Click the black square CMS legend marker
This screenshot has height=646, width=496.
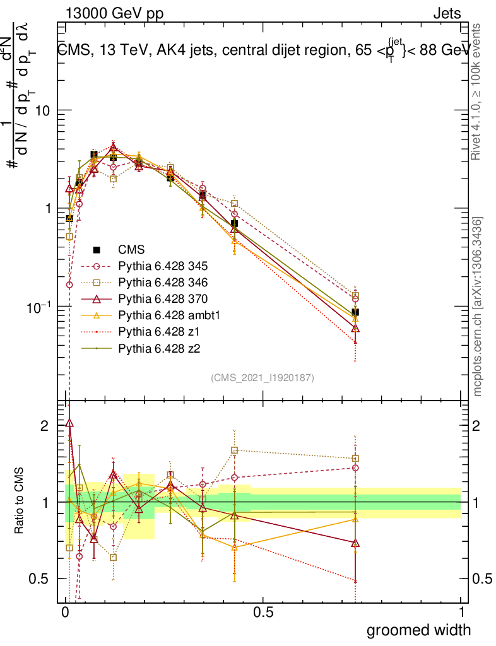pos(97,250)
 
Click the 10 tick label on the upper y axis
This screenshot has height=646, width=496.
pos(42,110)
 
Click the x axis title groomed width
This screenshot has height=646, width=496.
pos(419,630)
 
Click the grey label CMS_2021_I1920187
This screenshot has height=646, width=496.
pos(263,378)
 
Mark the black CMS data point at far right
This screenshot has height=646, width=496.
pos(355,312)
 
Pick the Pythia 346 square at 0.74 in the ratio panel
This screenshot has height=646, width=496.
pos(355,459)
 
